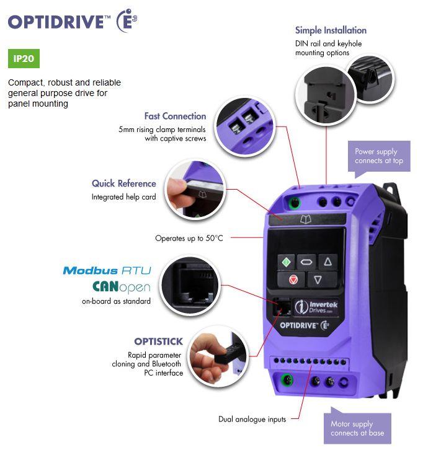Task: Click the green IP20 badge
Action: coord(24,60)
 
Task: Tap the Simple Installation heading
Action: coord(331,30)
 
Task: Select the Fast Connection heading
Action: coord(175,116)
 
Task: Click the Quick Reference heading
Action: coord(124,183)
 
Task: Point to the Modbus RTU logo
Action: coord(107,270)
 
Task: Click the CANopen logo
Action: coord(121,287)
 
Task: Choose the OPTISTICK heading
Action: coord(158,342)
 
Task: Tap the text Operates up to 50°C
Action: coord(189,238)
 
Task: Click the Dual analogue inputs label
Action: coord(252,420)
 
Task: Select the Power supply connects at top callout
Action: coord(378,156)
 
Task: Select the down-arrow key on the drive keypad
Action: coord(318,280)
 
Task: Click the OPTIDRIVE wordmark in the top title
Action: coord(55,22)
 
